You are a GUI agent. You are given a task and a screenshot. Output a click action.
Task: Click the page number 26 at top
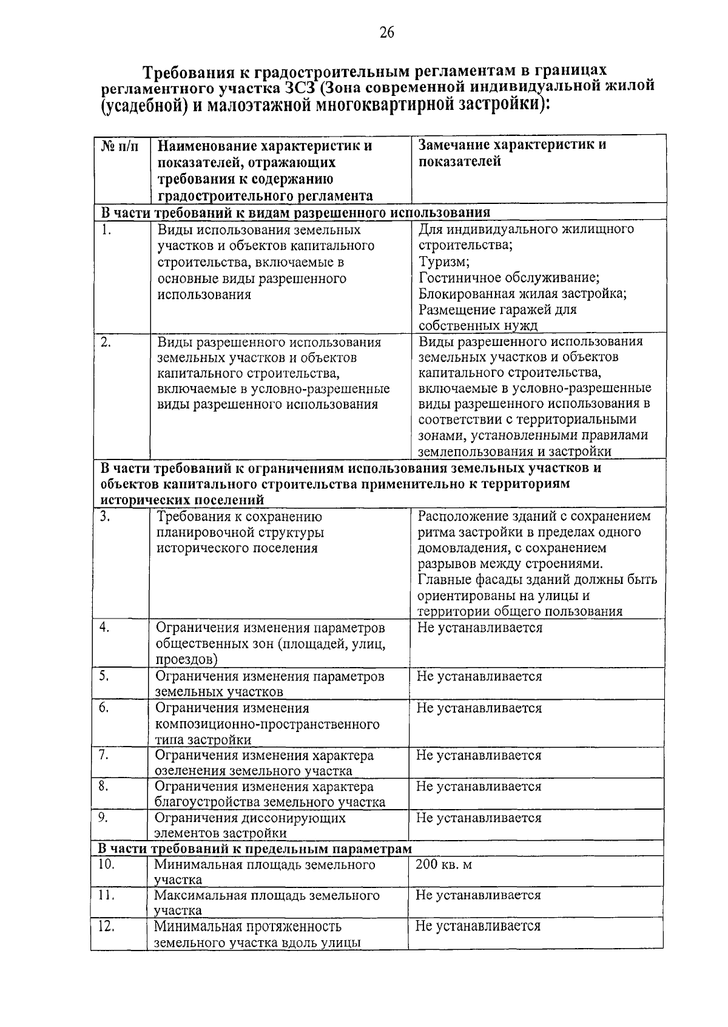[386, 32]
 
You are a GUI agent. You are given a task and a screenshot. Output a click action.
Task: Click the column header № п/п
[120, 146]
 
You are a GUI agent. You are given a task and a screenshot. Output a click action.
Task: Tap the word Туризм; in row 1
[443, 262]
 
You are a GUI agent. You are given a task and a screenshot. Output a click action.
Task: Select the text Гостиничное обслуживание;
[509, 278]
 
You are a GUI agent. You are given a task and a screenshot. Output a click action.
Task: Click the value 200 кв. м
[443, 864]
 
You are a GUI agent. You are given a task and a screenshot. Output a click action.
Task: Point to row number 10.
[107, 864]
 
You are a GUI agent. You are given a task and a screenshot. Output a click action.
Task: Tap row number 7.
[104, 755]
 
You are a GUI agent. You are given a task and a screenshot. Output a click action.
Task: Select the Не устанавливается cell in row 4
[479, 628]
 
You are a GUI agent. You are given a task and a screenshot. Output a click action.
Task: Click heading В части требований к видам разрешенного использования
[295, 212]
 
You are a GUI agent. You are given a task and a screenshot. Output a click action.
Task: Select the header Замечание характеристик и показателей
[512, 153]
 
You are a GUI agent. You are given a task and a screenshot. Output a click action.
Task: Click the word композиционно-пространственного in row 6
[267, 724]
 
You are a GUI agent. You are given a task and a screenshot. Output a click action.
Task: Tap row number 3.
[106, 517]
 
